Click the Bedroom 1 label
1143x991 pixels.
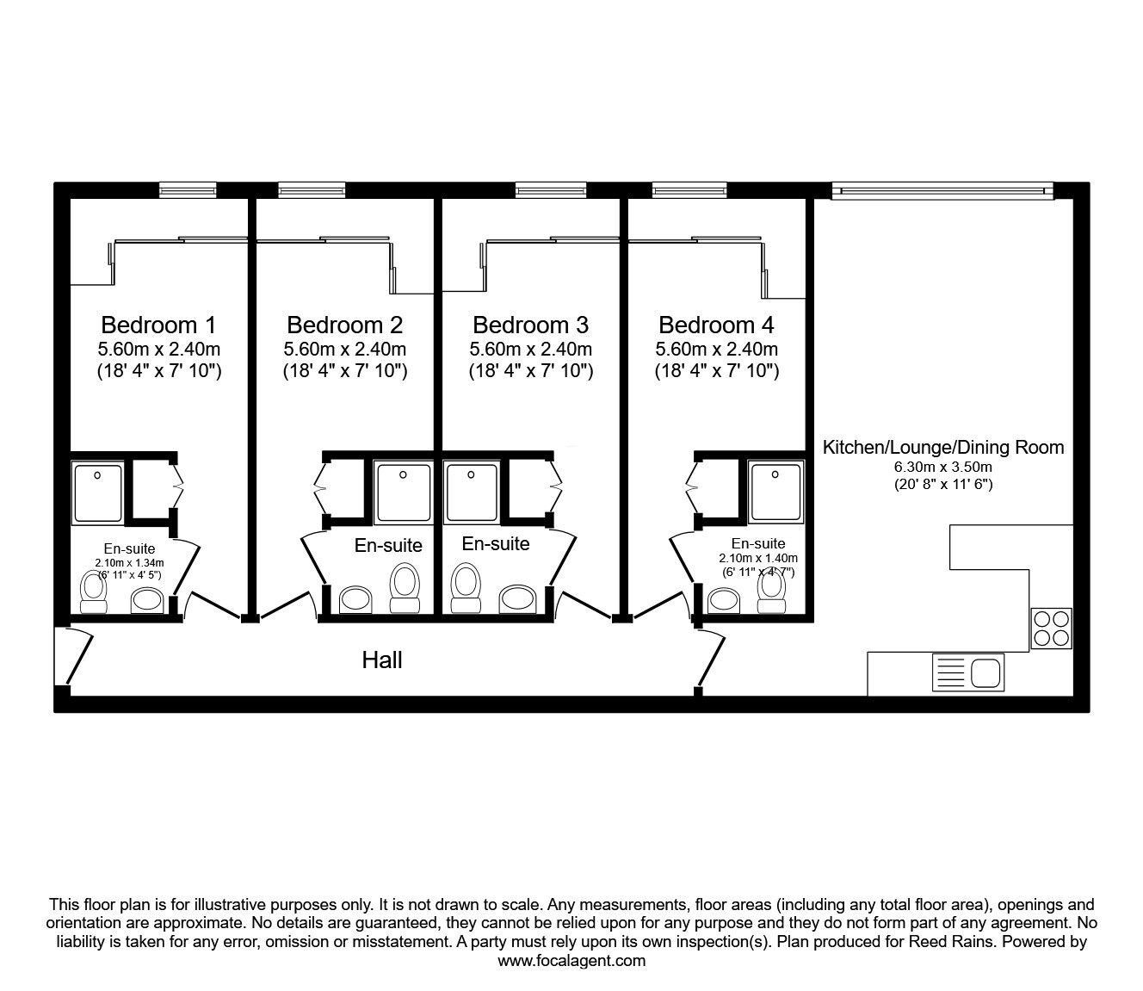pos(158,325)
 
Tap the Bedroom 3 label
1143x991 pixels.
pos(530,325)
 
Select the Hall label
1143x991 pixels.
pos(382,660)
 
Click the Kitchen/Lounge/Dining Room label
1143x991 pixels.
pos(943,447)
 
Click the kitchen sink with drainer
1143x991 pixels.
pos(967,672)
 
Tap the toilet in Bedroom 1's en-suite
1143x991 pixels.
pos(93,592)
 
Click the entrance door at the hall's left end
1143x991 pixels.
pos(76,658)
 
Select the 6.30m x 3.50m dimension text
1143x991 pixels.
pos(943,467)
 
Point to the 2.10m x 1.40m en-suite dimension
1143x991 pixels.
pos(758,558)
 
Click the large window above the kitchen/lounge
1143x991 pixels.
pos(942,190)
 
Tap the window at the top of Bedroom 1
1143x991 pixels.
pos(187,190)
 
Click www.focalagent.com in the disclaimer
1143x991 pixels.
pos(571,961)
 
